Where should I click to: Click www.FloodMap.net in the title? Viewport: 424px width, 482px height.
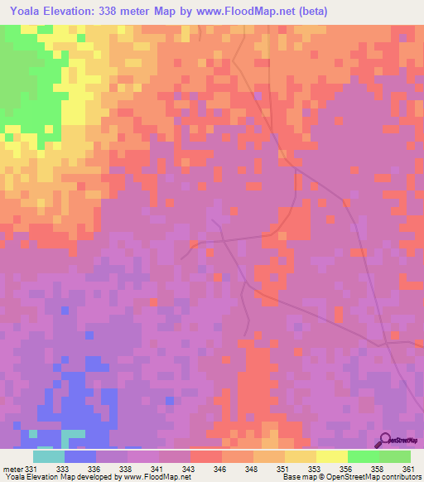point(248,11)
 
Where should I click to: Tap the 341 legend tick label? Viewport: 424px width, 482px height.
point(158,469)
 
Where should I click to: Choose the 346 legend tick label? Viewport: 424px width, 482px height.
point(221,469)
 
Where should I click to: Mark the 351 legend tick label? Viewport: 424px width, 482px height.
point(284,469)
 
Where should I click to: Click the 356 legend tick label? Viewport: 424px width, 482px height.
point(347,469)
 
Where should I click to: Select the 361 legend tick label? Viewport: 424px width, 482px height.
point(408,469)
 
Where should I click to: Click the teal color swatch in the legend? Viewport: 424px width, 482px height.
point(48,456)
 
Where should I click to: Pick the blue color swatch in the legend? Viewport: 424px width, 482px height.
point(79,456)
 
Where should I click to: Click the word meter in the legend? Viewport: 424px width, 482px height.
point(12,469)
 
